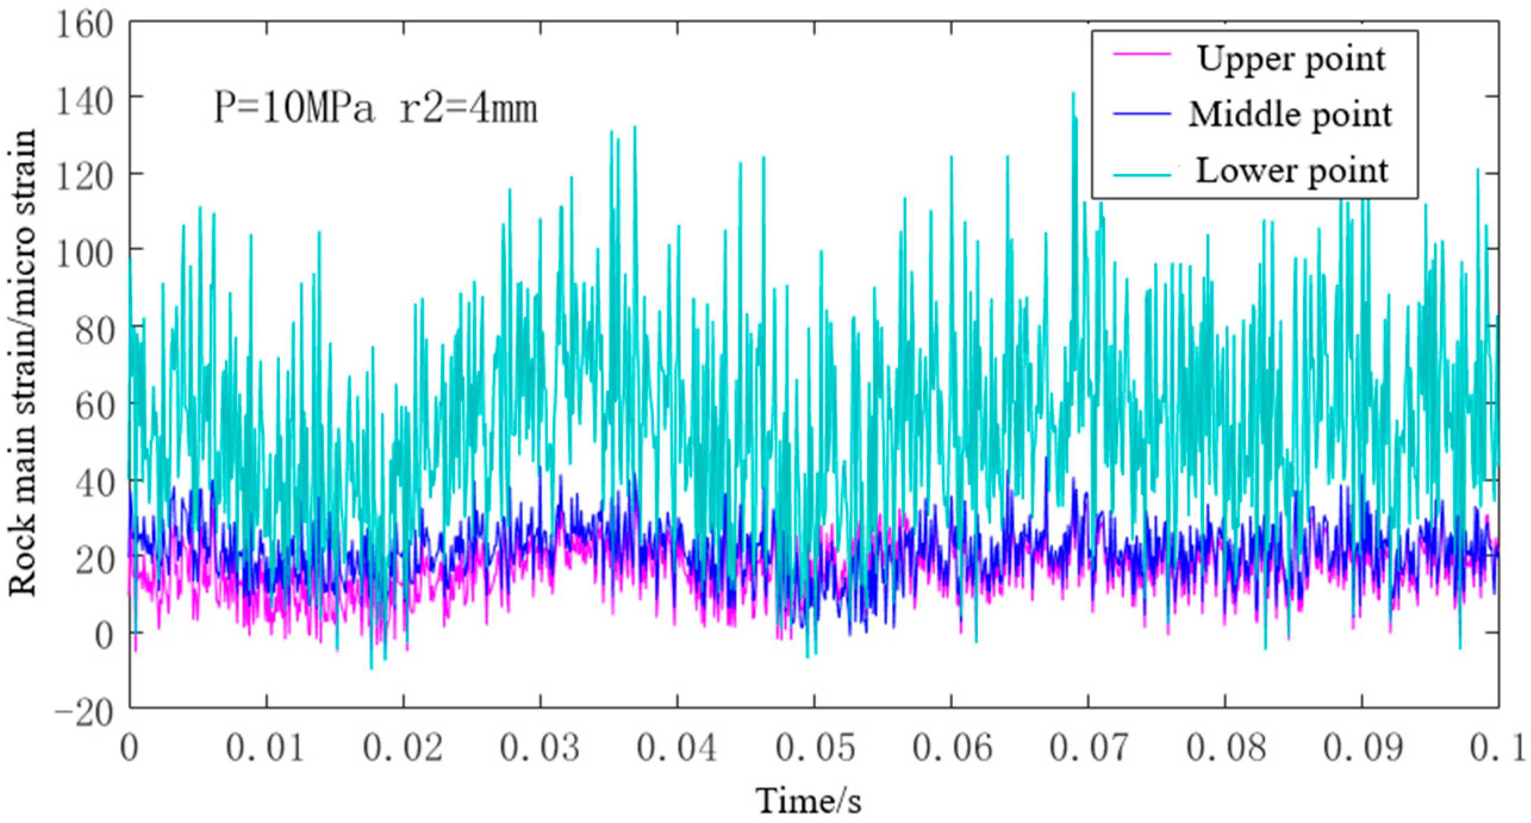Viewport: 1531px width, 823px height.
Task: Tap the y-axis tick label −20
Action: (x=83, y=710)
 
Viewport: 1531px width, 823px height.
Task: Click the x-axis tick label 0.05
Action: (x=813, y=749)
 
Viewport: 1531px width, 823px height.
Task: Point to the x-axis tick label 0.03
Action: (x=540, y=749)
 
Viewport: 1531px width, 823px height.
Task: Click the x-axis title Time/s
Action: (x=809, y=802)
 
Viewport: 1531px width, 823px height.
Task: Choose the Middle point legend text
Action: (x=1290, y=114)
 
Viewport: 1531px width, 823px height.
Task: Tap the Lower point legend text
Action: (x=1291, y=171)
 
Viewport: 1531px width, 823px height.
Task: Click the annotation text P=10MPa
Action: (x=294, y=110)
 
